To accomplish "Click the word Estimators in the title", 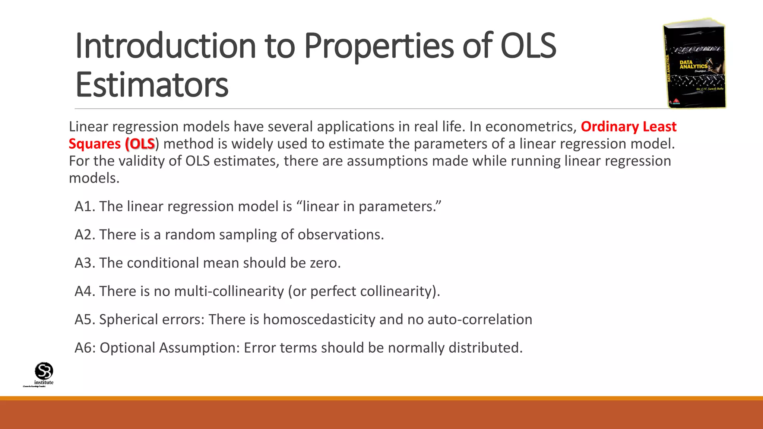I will (152, 85).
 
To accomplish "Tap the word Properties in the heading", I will (379, 46).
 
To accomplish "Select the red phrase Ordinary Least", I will (628, 127).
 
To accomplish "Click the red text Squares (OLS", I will (112, 144).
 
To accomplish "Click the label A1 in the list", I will (85, 206).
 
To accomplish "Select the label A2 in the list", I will (85, 235).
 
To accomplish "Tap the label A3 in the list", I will (85, 263).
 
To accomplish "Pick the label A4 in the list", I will (85, 291).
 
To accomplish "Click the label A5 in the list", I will (85, 320).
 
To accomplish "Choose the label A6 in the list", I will (85, 348).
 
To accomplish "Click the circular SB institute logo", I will (44, 371).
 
